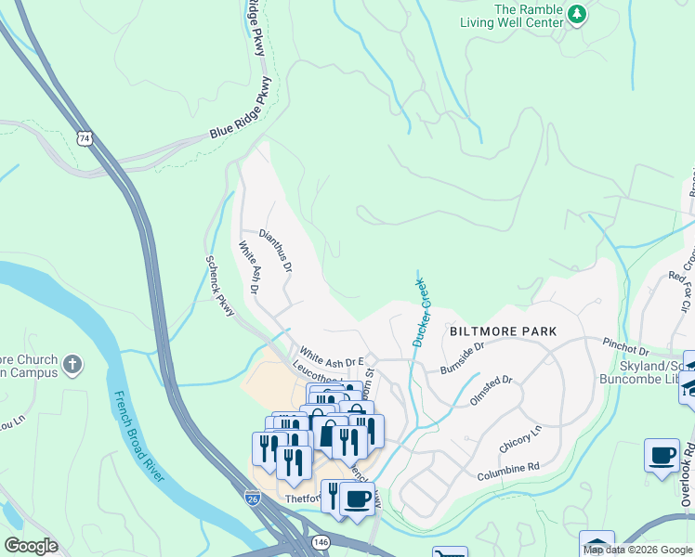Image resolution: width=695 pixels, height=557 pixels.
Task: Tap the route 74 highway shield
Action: pyautogui.click(x=85, y=138)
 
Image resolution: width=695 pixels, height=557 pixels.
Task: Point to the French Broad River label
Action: pyautogui.click(x=138, y=437)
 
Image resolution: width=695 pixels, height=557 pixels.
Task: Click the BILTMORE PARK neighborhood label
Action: pyautogui.click(x=503, y=331)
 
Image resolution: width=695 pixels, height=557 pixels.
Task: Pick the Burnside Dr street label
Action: pyautogui.click(x=463, y=358)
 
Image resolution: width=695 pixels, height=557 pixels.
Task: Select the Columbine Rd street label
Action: pyautogui.click(x=508, y=473)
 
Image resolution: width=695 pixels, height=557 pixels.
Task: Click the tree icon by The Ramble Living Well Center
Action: pyautogui.click(x=577, y=14)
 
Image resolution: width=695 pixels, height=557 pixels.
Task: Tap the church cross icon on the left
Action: pyautogui.click(x=73, y=362)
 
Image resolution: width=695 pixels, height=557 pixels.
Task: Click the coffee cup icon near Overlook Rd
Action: pyautogui.click(x=662, y=456)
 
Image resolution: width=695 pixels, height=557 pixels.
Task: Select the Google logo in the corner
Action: pyautogui.click(x=31, y=546)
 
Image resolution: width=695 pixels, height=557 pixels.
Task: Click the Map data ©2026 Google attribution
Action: pyautogui.click(x=637, y=550)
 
